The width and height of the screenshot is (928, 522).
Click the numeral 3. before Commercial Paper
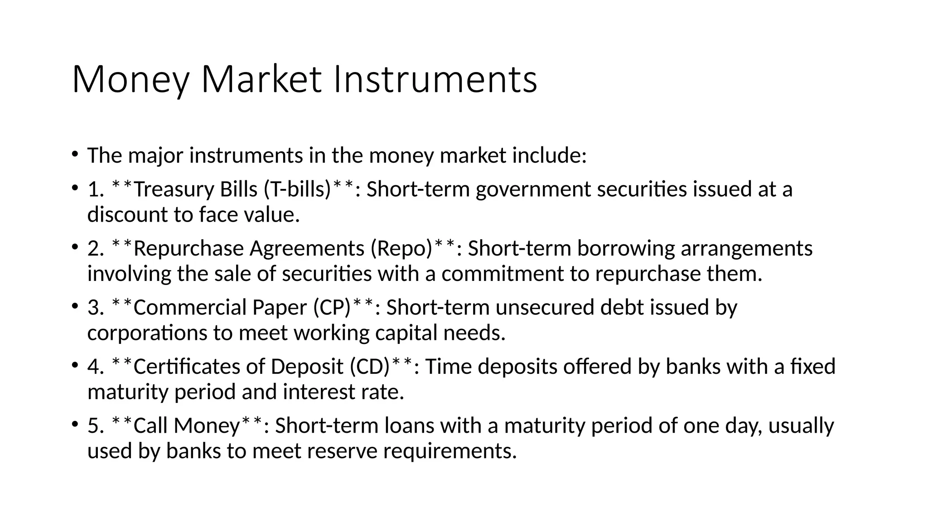[95, 308]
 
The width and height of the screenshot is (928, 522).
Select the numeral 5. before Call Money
[95, 426]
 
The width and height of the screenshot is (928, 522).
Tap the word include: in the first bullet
[549, 156]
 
